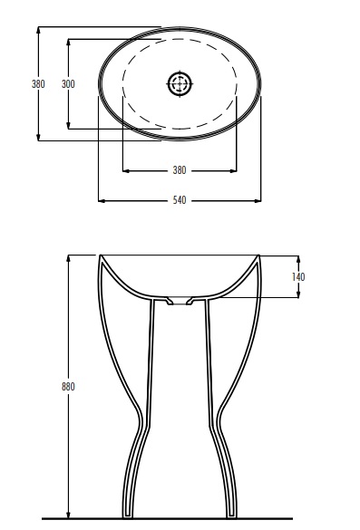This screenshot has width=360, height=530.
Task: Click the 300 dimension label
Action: pyautogui.click(x=68, y=84)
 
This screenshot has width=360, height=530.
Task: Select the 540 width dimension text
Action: pyautogui.click(x=180, y=200)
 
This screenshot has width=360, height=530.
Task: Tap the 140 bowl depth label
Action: pyautogui.click(x=298, y=277)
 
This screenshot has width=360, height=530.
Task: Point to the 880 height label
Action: pyautogui.click(x=68, y=386)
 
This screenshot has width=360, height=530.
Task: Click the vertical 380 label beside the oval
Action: pyautogui.click(x=38, y=84)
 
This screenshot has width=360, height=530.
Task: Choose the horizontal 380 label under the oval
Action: pyautogui.click(x=180, y=170)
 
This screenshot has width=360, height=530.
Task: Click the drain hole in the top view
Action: pyautogui.click(x=180, y=83)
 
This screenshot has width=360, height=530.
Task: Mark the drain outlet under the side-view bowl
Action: pyautogui.click(x=180, y=301)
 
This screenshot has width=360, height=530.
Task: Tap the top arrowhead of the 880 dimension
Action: pyautogui.click(x=68, y=259)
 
